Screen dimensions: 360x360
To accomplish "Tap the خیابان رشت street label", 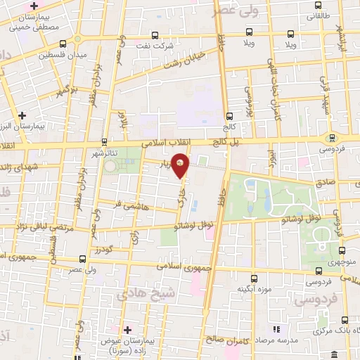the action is tap(184, 60).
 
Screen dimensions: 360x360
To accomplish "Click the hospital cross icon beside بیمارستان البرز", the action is tap(23, 115).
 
